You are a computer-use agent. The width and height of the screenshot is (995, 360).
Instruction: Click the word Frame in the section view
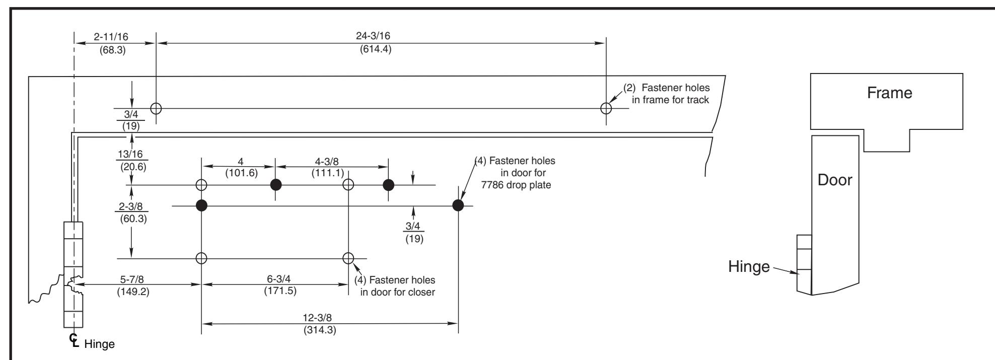889,93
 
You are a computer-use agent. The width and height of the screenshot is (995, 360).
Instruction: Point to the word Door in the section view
835,180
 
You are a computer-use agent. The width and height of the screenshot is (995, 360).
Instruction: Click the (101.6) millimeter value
241,173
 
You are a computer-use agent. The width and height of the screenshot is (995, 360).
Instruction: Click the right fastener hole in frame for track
606,108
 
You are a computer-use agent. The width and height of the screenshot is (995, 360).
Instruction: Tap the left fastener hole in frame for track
156,108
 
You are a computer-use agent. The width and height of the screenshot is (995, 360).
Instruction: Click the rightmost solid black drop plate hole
458,205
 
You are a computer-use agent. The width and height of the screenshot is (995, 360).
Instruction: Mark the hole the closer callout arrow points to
348,258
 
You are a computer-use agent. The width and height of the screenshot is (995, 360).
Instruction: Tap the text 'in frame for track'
670,100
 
